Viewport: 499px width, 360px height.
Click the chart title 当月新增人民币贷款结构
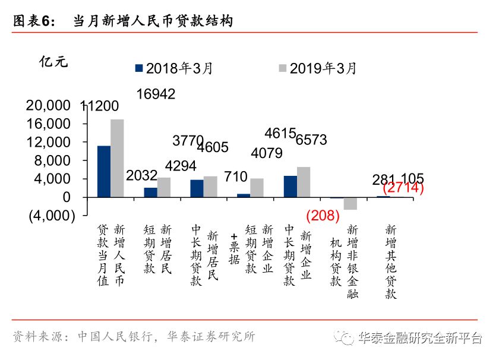(x=153, y=21)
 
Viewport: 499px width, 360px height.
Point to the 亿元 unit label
(x=53, y=61)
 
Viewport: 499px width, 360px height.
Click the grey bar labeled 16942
(x=117, y=158)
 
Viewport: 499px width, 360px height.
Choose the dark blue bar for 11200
(x=104, y=171)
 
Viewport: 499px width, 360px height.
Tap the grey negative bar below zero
(x=350, y=203)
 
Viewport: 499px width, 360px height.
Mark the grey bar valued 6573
(x=303, y=182)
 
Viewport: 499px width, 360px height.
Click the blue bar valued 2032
(x=150, y=192)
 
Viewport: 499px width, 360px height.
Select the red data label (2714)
(x=403, y=189)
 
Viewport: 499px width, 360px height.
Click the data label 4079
(x=267, y=153)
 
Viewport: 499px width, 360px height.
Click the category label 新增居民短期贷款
(x=157, y=250)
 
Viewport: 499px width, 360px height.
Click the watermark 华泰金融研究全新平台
(x=420, y=338)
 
